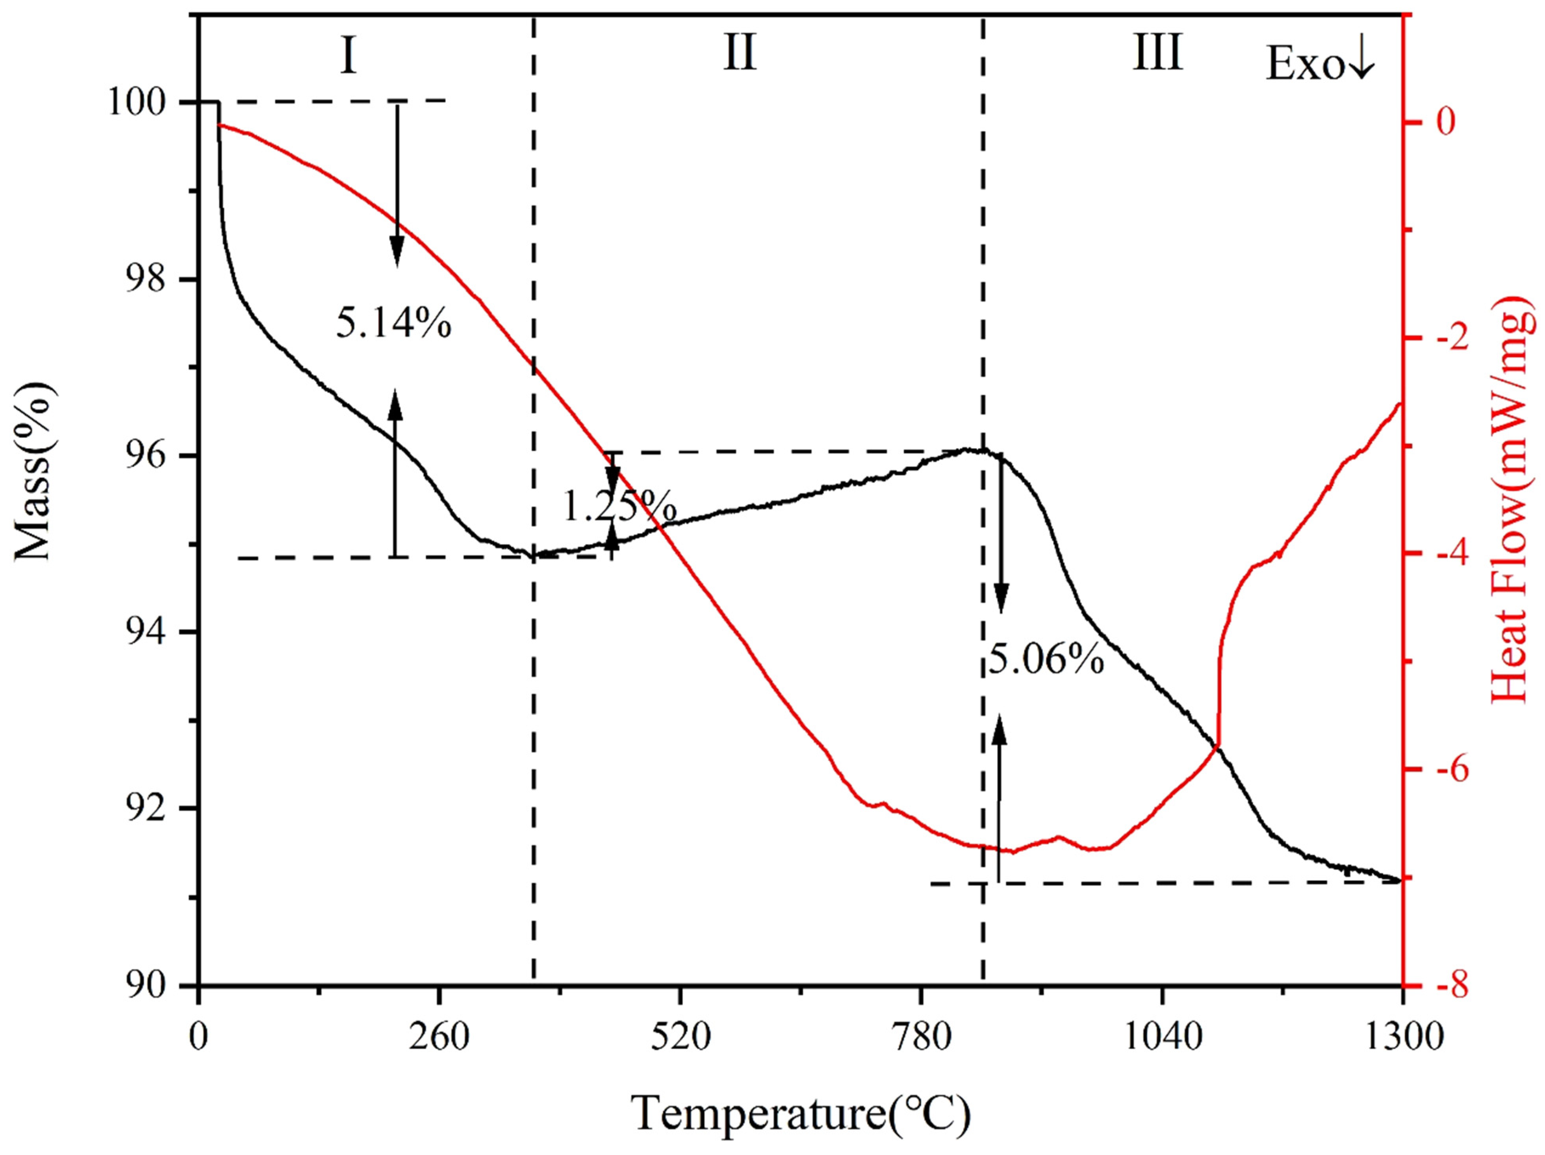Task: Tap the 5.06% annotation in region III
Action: pos(1046,658)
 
